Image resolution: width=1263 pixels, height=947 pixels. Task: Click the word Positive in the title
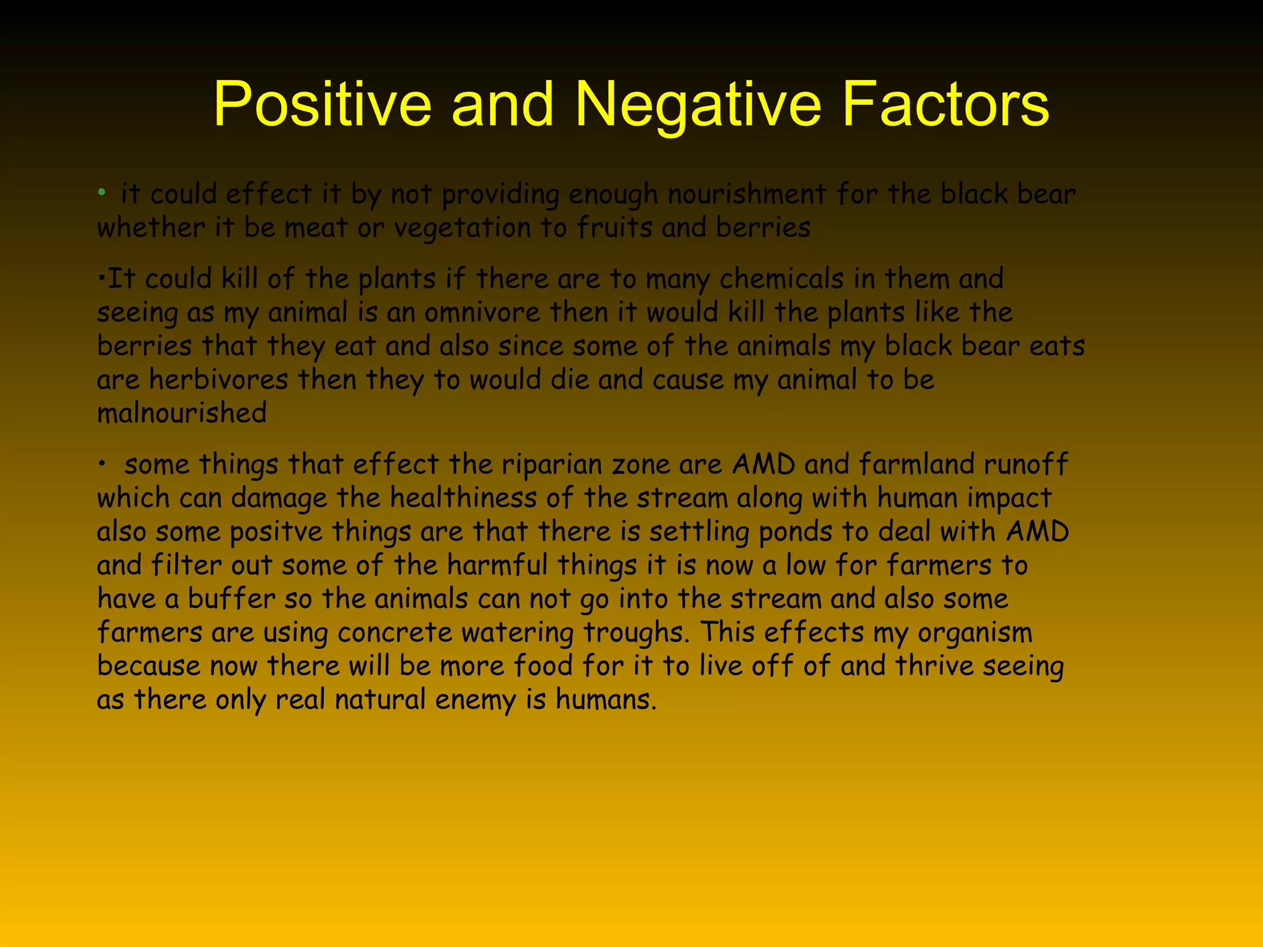tap(322, 105)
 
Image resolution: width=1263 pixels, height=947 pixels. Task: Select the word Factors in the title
tap(945, 105)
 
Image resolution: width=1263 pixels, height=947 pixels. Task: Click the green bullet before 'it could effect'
tap(102, 193)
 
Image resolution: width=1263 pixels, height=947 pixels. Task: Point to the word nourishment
tap(747, 195)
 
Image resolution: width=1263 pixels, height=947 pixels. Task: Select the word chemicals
tap(781, 279)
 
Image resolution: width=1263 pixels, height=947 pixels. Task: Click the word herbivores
tap(218, 380)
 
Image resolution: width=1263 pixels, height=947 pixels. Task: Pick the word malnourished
tap(182, 413)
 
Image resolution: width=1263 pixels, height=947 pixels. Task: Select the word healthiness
tap(463, 498)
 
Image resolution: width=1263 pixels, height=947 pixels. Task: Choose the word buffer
tap(231, 599)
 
